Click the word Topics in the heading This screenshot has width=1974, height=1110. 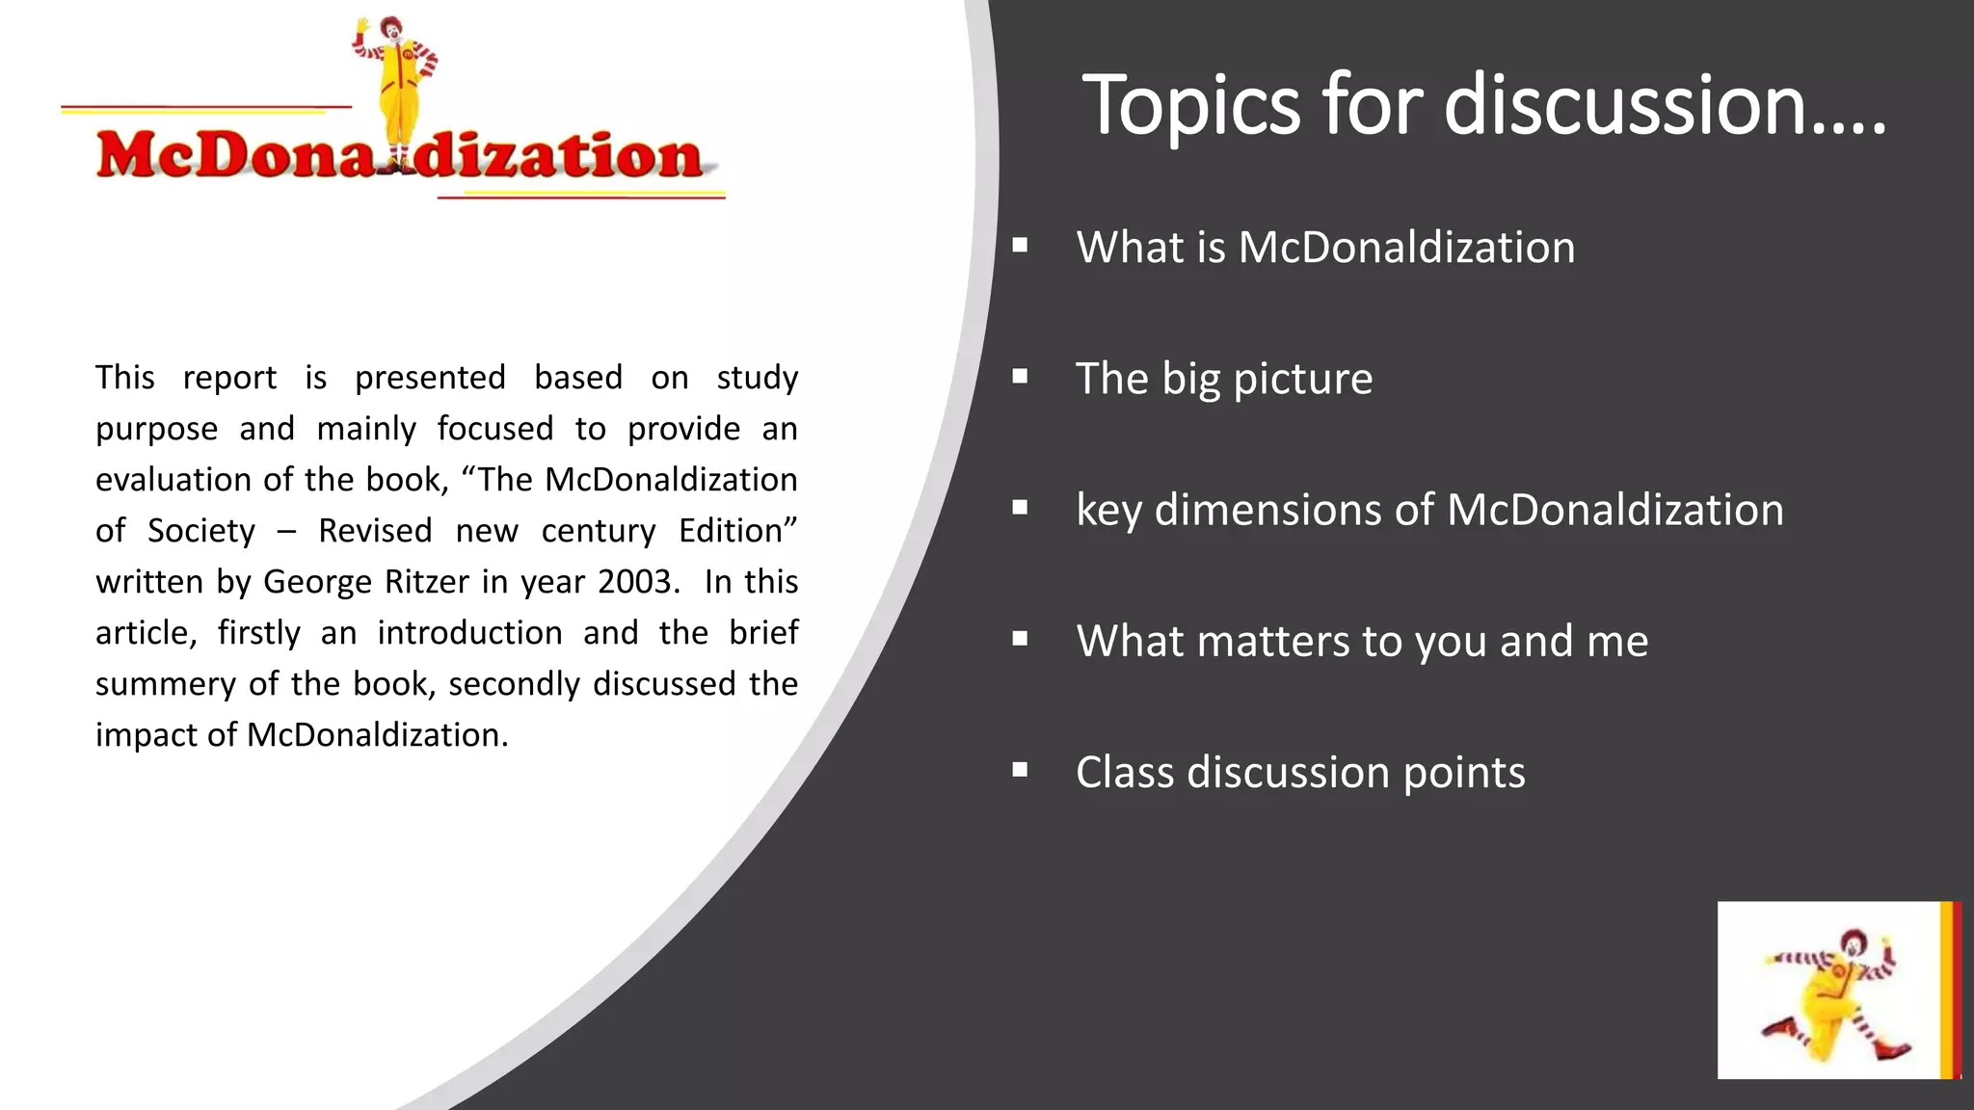(x=1193, y=106)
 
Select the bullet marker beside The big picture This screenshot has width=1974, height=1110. (x=1020, y=377)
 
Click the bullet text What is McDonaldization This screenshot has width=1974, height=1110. (x=1325, y=248)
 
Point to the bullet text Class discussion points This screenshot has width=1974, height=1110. (x=1300, y=773)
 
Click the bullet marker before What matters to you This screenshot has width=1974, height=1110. (x=1020, y=639)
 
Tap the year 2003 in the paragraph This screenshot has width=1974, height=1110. (x=636, y=582)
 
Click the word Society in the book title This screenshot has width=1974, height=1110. (x=201, y=531)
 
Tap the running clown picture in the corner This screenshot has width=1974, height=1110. (x=1829, y=991)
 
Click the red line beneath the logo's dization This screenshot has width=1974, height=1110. (x=580, y=197)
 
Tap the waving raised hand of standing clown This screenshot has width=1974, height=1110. (x=362, y=26)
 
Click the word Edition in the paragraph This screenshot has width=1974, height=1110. (x=737, y=531)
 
